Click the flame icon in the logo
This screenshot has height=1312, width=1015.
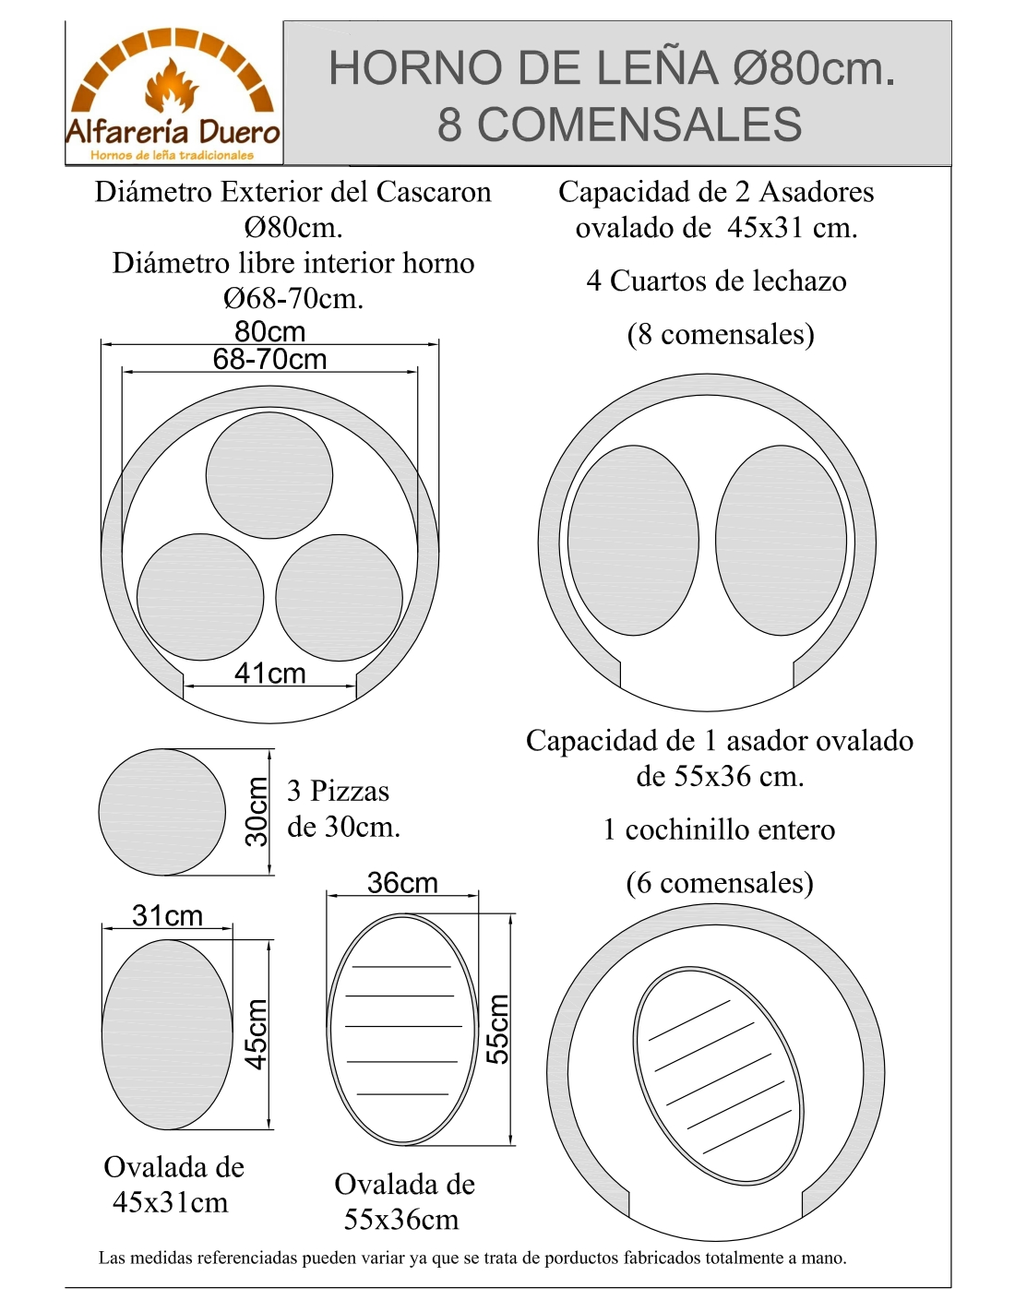pyautogui.click(x=171, y=86)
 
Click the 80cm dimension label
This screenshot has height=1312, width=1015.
pyautogui.click(x=269, y=331)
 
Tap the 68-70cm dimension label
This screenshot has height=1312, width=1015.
pyautogui.click(x=269, y=359)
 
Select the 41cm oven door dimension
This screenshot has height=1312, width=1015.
pyautogui.click(x=269, y=674)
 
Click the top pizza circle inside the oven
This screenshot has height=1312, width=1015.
pyautogui.click(x=269, y=475)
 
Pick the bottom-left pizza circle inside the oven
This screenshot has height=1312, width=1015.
pyautogui.click(x=200, y=597)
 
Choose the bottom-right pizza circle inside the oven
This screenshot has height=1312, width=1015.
pyautogui.click(x=339, y=597)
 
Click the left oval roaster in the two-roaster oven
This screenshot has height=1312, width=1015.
pyautogui.click(x=633, y=541)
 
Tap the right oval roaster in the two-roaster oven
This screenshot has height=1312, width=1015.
pyautogui.click(x=781, y=541)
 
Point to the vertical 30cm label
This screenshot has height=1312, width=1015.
pyautogui.click(x=257, y=811)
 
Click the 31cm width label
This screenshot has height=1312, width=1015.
pyautogui.click(x=167, y=916)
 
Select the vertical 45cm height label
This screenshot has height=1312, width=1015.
pyautogui.click(x=257, y=1033)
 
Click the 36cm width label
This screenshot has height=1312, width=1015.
pyautogui.click(x=402, y=883)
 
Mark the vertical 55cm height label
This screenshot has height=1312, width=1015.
pyautogui.click(x=497, y=1029)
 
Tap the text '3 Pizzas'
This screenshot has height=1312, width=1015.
pyautogui.click(x=338, y=791)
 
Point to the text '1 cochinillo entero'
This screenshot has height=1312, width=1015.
pyautogui.click(x=719, y=829)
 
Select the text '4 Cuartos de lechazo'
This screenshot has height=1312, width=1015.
pyautogui.click(x=716, y=280)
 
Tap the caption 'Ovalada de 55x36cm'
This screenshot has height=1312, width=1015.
pyautogui.click(x=404, y=1201)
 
